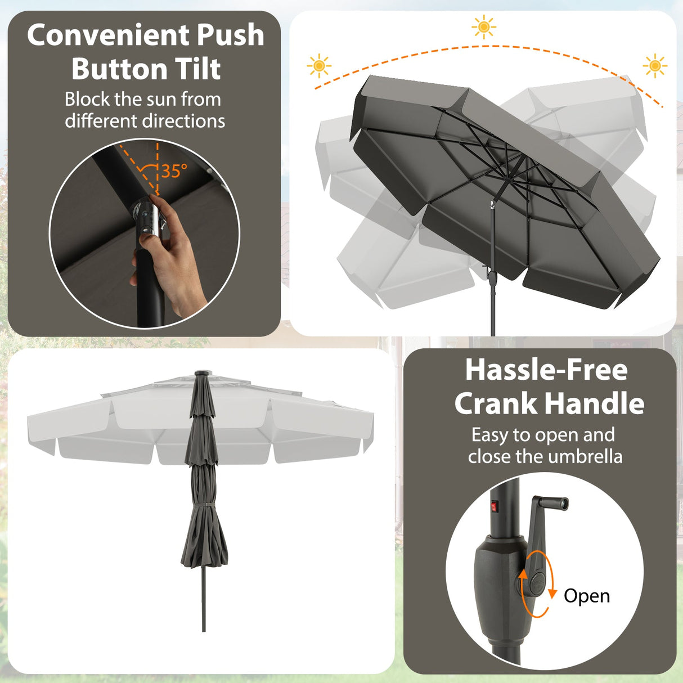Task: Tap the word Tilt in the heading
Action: point(197,69)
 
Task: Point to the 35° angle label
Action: point(174,170)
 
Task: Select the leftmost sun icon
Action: point(319,66)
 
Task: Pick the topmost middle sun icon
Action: point(484,27)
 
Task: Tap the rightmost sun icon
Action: point(654,66)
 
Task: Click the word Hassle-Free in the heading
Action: point(546,370)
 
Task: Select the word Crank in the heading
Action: point(496,404)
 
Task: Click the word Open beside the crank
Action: point(587,596)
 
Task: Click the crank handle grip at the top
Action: point(554,502)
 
